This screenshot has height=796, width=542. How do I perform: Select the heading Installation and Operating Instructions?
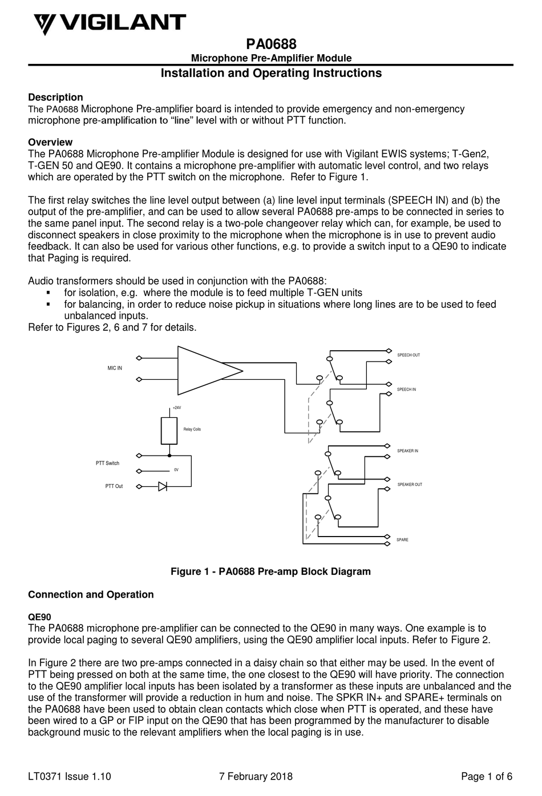point(270,73)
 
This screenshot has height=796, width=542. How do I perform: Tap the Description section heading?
point(55,98)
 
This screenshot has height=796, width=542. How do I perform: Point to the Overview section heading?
point(50,142)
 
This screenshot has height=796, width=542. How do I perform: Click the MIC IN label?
point(115,368)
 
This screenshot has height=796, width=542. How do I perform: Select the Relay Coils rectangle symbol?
point(169,431)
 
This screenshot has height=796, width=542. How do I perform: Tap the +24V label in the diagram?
point(176,408)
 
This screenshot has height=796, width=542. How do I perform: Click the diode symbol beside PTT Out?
point(163,486)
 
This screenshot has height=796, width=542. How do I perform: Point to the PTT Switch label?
point(107,464)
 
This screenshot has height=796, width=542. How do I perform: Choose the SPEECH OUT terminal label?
point(408,355)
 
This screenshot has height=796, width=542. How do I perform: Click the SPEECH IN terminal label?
point(406,389)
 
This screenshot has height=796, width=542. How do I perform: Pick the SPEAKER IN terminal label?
point(407,451)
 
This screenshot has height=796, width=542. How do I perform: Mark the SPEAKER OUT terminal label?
point(410,485)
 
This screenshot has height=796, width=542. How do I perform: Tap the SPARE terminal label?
point(402,539)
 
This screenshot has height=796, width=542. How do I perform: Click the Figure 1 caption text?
point(270,571)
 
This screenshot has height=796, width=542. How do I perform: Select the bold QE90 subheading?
point(39,617)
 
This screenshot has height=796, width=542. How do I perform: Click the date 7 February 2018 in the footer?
point(256,776)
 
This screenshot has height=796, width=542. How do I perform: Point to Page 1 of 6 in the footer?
point(486,776)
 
